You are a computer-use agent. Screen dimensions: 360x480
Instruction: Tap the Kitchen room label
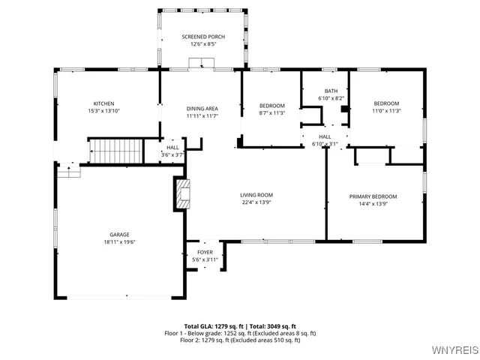click(x=103, y=103)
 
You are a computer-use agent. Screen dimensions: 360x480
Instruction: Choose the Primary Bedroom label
click(x=373, y=196)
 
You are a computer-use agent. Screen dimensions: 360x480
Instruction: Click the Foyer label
click(x=205, y=253)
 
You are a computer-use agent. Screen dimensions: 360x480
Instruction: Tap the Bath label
click(x=330, y=91)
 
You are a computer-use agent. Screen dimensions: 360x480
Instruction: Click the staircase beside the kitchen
click(x=115, y=151)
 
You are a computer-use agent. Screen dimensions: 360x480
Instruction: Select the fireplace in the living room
click(x=182, y=194)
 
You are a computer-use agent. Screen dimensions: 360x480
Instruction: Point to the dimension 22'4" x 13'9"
click(x=256, y=202)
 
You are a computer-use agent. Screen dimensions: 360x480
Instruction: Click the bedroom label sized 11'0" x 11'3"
click(x=386, y=103)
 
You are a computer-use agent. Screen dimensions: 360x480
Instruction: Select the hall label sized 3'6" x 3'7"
click(x=172, y=148)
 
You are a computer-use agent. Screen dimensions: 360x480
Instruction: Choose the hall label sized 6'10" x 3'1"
click(x=324, y=136)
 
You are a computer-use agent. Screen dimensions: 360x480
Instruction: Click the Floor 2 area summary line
click(x=240, y=340)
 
